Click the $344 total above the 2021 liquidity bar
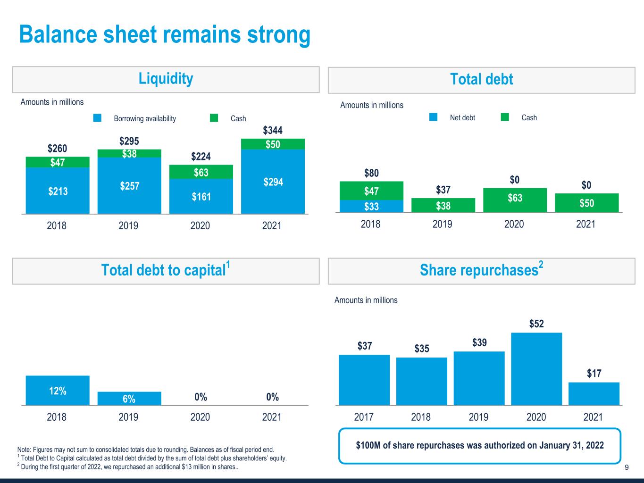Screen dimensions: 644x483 [273, 130]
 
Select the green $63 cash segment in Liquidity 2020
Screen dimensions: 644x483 [201, 172]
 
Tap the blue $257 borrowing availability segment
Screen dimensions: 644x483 [129, 185]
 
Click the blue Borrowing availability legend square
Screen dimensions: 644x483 [97, 118]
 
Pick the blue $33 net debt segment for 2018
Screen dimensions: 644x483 [371, 206]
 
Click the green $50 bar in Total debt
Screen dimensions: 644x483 [587, 203]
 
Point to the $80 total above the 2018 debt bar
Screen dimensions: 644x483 [371, 173]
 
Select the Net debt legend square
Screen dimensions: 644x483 [433, 117]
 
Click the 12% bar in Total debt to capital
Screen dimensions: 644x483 [58, 391]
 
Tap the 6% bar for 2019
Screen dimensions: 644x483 [129, 399]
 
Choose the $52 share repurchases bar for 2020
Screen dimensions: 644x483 [536, 369]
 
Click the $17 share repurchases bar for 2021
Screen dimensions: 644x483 [594, 394]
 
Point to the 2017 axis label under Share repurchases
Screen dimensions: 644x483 [364, 417]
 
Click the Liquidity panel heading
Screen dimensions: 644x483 [166, 79]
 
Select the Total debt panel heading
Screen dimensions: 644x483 [481, 79]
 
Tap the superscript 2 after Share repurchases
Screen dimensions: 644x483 [541, 264]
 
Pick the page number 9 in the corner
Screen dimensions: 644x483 [627, 467]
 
